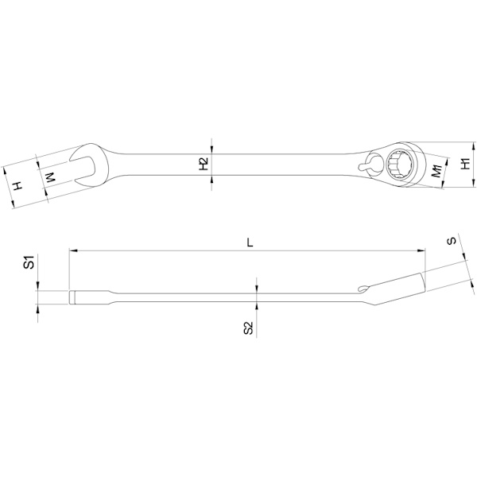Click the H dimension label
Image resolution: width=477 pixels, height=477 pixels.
[x=18, y=185]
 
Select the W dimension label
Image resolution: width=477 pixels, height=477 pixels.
[x=51, y=177]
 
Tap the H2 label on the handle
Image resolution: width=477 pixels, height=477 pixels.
[x=204, y=164]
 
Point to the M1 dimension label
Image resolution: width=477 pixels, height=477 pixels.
[x=436, y=171]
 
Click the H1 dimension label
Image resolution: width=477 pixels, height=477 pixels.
[x=466, y=164]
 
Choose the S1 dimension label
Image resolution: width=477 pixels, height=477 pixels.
[x=29, y=262]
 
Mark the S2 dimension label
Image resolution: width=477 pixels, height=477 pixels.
[x=249, y=328]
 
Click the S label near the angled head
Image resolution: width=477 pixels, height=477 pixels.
[x=452, y=241]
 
